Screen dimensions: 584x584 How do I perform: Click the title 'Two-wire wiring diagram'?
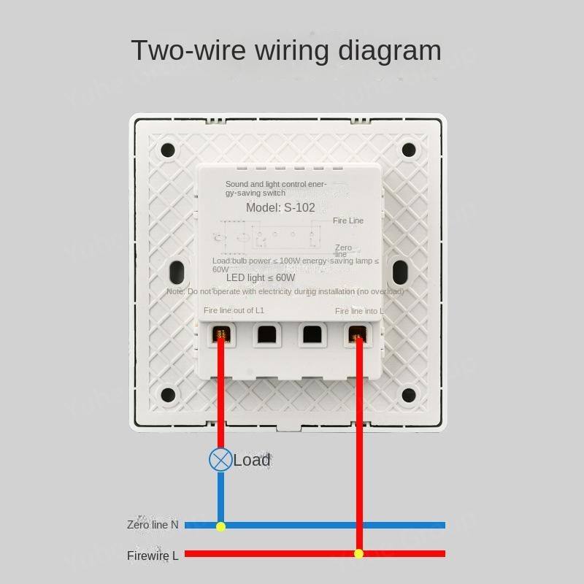(x=286, y=50)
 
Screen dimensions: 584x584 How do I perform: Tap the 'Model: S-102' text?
(x=280, y=207)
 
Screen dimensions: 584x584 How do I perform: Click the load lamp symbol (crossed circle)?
(x=220, y=459)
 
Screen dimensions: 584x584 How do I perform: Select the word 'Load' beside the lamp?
(x=252, y=460)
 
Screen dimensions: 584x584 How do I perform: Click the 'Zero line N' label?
(x=153, y=525)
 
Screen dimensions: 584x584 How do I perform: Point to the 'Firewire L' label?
(x=153, y=556)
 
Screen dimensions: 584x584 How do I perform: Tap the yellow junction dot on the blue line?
(x=220, y=526)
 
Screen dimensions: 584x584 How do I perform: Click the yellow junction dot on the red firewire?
(x=358, y=554)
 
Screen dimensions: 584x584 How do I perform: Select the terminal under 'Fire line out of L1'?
(x=221, y=334)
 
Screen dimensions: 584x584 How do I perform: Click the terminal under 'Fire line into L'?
(x=357, y=334)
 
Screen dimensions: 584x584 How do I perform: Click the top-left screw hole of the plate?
(x=168, y=150)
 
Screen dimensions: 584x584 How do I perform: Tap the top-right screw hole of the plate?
(x=409, y=150)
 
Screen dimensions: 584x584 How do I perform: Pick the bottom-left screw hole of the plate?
(x=168, y=395)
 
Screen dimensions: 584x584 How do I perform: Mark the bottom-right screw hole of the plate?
(x=409, y=395)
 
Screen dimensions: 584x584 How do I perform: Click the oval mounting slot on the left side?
(x=176, y=273)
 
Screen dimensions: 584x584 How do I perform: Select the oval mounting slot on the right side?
(x=400, y=273)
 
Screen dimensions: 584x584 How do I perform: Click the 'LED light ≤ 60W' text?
(x=261, y=278)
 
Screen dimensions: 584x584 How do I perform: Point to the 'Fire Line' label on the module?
(x=347, y=220)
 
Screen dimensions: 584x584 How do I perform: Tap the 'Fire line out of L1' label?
(x=234, y=310)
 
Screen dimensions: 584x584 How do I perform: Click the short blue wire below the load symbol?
(x=220, y=496)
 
